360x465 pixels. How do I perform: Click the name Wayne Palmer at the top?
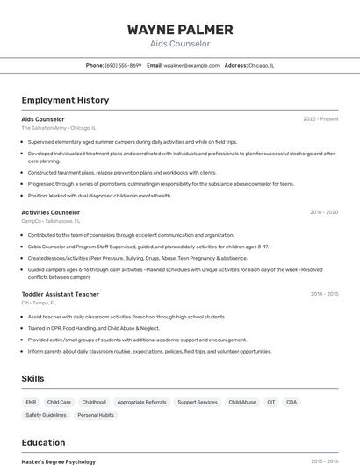tap(180, 30)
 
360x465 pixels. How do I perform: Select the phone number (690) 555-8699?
tap(123, 66)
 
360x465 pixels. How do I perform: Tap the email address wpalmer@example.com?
tap(191, 66)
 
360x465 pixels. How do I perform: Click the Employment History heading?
tap(65, 100)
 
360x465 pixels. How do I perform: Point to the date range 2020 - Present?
tap(320, 119)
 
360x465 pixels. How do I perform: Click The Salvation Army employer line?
tap(59, 128)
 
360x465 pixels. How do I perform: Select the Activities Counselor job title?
tap(51, 212)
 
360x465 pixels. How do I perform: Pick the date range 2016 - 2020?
tap(324, 212)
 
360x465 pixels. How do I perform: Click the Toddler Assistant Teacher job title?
tap(60, 294)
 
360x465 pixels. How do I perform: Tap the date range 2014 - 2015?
tap(324, 294)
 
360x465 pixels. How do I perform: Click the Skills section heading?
tap(33, 378)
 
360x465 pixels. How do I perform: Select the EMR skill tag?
tap(31, 402)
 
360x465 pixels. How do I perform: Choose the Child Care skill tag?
tap(59, 402)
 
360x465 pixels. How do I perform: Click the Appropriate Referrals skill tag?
tap(141, 402)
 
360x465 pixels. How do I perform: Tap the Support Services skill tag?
tap(197, 402)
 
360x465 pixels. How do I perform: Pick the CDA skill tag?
tap(292, 402)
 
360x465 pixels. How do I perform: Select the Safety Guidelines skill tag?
tap(46, 415)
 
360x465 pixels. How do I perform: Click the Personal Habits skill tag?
tap(96, 415)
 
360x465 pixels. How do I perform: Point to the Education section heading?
tap(43, 443)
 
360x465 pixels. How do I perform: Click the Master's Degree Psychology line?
tap(58, 461)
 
